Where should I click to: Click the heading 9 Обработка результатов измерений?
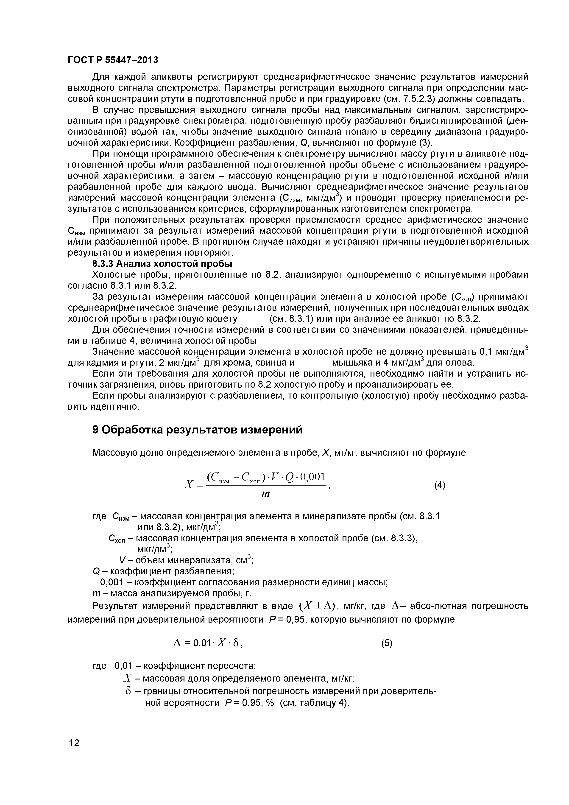(197, 430)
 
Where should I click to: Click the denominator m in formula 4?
(266, 494)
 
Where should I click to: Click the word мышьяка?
(351, 363)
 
